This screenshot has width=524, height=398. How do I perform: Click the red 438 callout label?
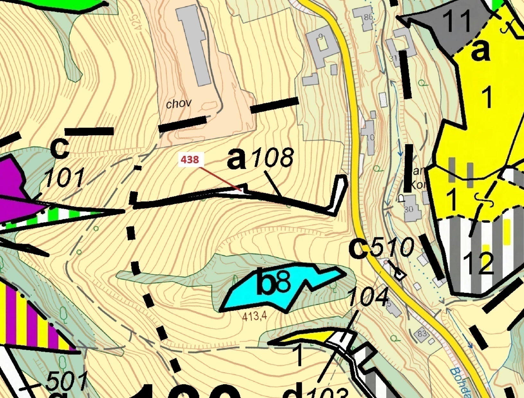(x=189, y=159)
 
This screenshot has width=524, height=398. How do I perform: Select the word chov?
(x=179, y=103)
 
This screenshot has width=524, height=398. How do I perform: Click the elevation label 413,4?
(x=255, y=317)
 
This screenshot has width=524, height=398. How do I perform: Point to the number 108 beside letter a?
(x=273, y=158)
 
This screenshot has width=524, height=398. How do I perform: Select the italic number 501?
(x=66, y=382)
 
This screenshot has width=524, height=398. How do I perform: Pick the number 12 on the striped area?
(x=478, y=263)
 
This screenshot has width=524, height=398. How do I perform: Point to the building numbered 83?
(x=422, y=334)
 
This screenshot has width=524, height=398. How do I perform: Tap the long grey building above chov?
(x=194, y=45)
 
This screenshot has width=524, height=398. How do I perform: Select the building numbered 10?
(x=369, y=137)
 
